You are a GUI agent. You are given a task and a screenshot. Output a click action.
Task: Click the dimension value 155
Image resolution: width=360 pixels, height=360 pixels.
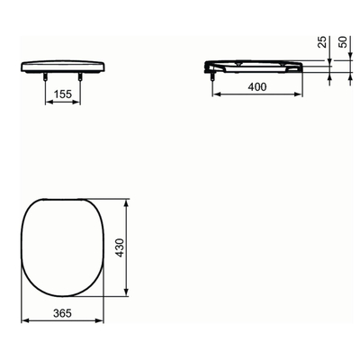click(x=61, y=93)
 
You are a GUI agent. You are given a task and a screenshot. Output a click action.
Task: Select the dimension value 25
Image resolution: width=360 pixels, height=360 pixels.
click(x=321, y=44)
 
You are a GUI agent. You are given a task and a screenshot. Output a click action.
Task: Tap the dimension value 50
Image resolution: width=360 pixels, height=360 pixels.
click(x=342, y=44)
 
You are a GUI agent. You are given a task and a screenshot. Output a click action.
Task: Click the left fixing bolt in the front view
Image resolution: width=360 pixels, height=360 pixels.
click(x=45, y=78)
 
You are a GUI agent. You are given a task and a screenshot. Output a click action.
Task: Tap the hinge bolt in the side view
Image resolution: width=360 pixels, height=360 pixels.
click(x=213, y=78)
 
